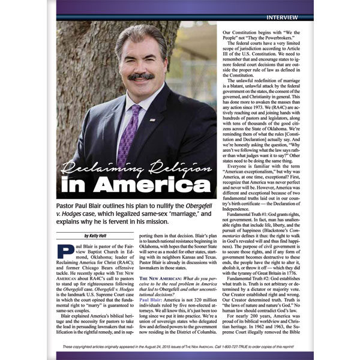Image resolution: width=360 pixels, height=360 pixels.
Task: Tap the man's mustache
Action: [x=140, y=77]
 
